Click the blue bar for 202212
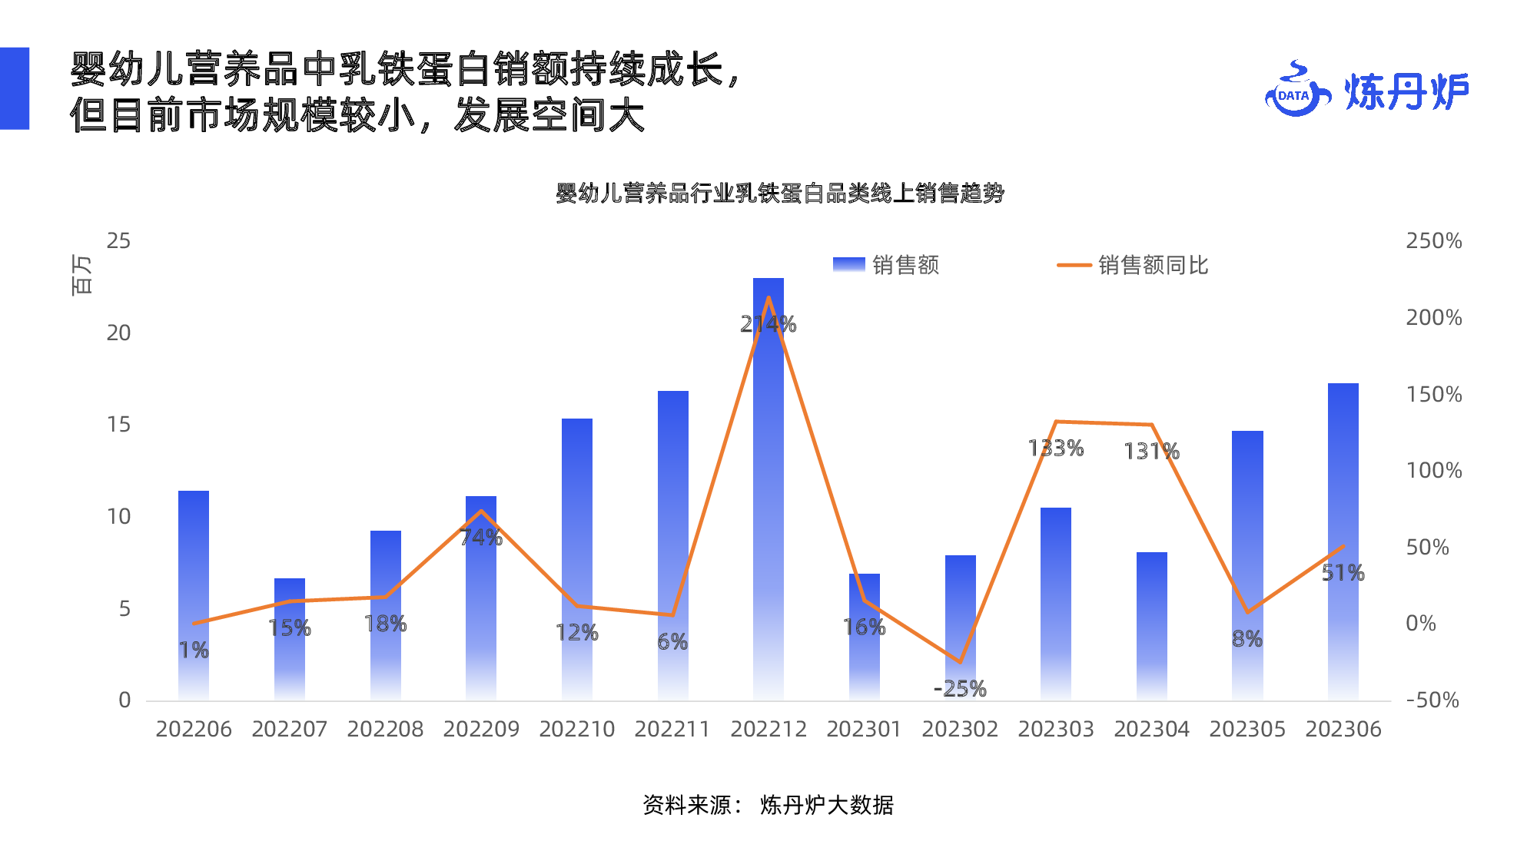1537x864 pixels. point(768,492)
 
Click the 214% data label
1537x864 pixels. point(768,325)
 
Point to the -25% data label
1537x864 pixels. point(960,689)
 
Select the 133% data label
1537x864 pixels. point(1056,449)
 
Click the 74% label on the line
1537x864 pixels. point(481,538)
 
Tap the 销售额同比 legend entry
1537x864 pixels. point(1133,266)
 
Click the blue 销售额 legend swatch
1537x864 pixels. point(848,265)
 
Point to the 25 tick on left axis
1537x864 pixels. point(118,241)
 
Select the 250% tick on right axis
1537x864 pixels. point(1433,241)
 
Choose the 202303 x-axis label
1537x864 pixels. point(1056,730)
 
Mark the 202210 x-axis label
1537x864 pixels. point(577,730)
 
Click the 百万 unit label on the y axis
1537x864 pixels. point(81,275)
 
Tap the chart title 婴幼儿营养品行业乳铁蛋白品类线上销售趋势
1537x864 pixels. point(780,194)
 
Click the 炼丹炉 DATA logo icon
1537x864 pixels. point(1296,91)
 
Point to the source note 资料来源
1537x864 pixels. point(768,806)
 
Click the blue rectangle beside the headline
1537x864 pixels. point(15,88)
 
